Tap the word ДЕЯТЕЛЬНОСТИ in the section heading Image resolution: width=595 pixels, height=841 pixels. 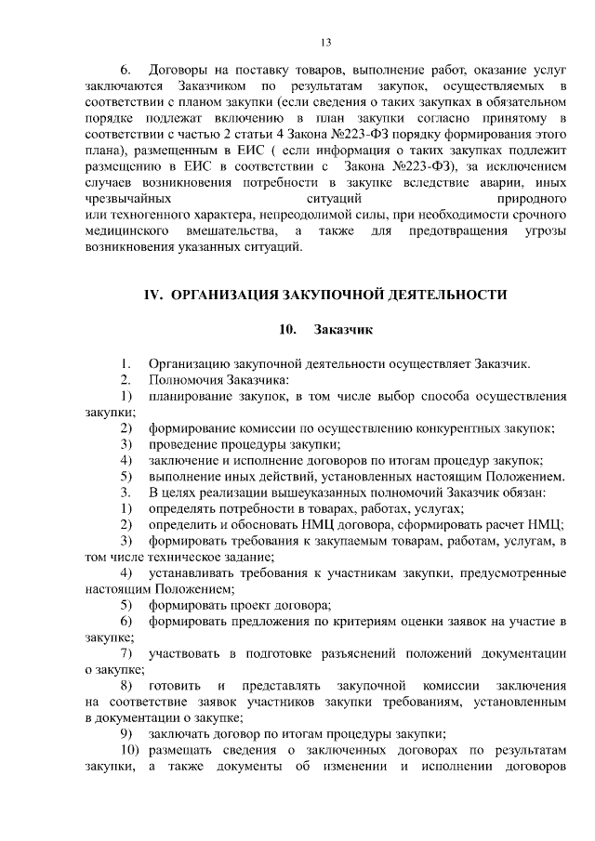click(x=447, y=295)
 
